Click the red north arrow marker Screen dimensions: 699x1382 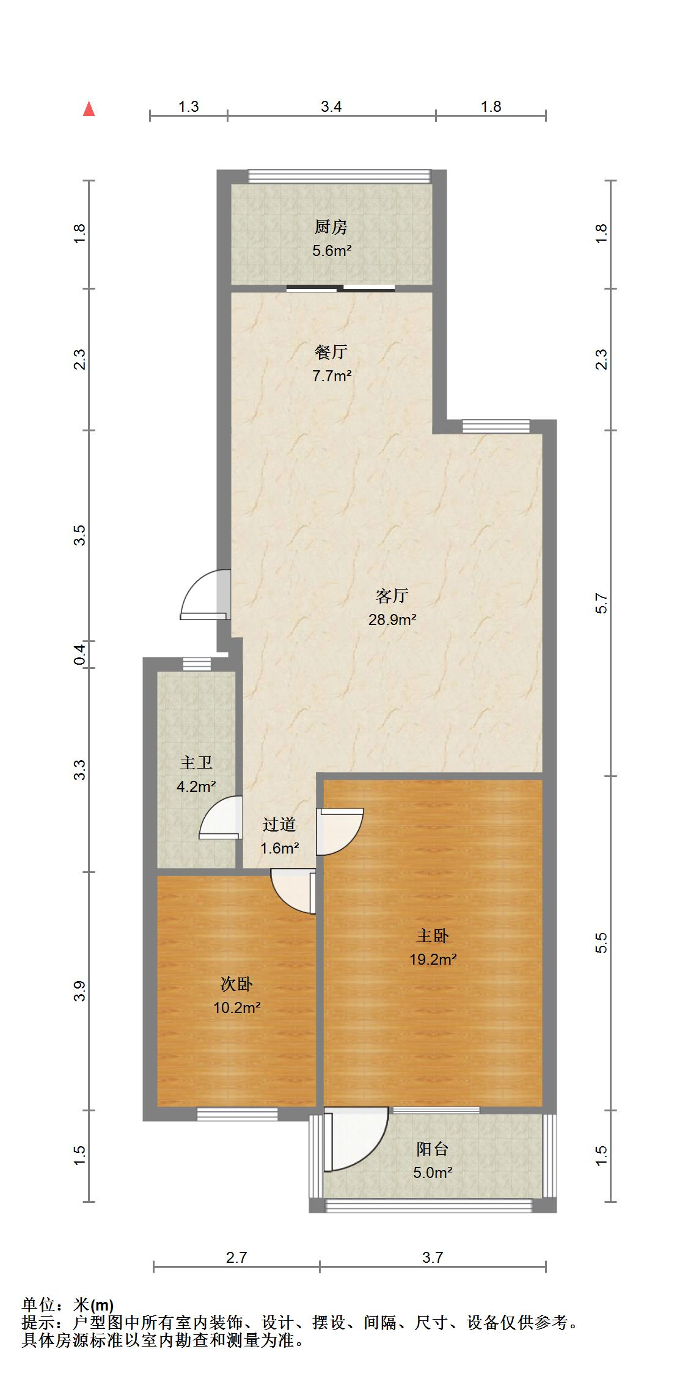[89, 109]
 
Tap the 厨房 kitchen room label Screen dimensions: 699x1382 [331, 227]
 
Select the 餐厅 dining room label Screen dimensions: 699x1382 [331, 353]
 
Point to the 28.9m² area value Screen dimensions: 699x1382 [392, 620]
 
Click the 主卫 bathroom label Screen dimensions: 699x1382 [196, 762]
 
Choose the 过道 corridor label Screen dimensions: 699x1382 [279, 825]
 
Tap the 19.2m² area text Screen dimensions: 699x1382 [433, 959]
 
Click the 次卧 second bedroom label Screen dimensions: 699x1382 [237, 984]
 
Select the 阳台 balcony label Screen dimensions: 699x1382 [433, 1149]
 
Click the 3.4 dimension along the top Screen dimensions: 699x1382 [331, 107]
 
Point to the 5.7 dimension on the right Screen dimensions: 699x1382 [601, 604]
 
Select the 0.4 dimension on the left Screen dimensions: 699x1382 [79, 654]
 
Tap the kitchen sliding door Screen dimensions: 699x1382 [340, 288]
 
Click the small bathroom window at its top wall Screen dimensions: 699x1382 [197, 664]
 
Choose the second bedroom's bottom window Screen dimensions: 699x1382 [237, 1114]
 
